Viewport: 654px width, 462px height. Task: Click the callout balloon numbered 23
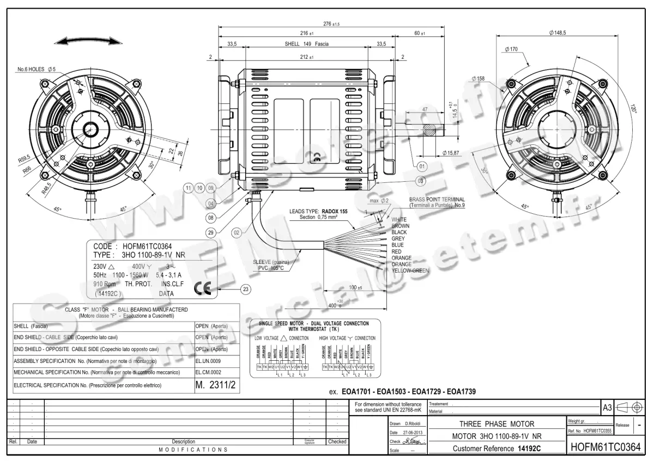[x=246, y=289]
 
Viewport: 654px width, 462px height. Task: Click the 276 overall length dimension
[x=331, y=24]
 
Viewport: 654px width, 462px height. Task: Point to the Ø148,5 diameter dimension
[x=558, y=33]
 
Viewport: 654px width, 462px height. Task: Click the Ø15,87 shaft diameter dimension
[x=453, y=152]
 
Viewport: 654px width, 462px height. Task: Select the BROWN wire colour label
[x=401, y=226]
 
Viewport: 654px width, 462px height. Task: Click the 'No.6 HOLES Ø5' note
[x=37, y=70]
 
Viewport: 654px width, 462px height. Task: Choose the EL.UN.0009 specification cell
[x=208, y=361]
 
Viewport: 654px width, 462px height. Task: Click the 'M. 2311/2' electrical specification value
[x=216, y=385]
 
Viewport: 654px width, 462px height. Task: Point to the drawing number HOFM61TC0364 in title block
[x=604, y=447]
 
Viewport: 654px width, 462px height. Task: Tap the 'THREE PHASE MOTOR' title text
[x=496, y=424]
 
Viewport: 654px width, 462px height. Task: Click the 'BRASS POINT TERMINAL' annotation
[x=437, y=200]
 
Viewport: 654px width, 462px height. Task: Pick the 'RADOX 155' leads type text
[x=335, y=211]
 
